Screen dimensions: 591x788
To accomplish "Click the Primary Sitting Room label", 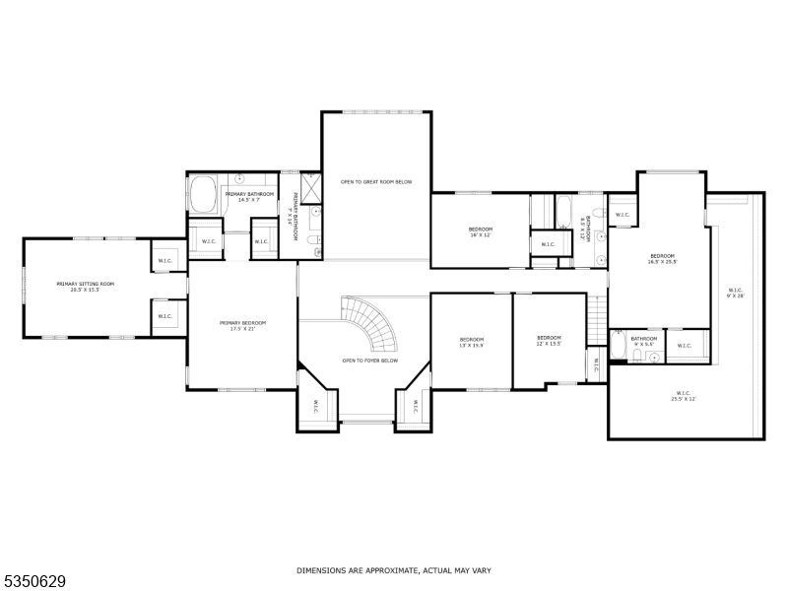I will tap(85, 287).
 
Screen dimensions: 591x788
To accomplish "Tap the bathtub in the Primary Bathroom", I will tap(204, 194).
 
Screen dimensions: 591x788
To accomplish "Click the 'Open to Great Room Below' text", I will tap(375, 182).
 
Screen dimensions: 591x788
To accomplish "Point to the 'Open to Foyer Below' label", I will tap(369, 361).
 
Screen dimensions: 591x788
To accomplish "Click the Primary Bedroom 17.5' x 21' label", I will tap(242, 326).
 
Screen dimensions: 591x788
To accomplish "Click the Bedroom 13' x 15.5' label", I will tap(471, 342).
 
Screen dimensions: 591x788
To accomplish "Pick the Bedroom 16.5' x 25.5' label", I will tap(661, 259).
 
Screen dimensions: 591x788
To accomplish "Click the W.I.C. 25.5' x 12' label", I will tap(685, 397).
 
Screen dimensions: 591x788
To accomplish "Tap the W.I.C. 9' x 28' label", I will tap(735, 293).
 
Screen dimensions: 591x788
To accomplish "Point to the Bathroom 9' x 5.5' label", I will tap(644, 341).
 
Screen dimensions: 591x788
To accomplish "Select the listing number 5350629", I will tap(33, 580).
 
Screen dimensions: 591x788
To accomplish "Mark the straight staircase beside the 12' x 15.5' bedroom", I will tap(597, 320).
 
